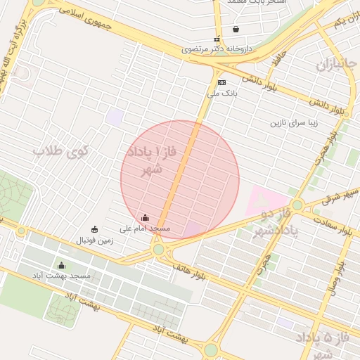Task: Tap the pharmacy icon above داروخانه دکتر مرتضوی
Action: tap(217, 39)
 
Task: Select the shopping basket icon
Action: tap(235, 30)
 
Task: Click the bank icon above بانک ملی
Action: tap(221, 82)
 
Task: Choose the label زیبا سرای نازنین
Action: tap(295, 123)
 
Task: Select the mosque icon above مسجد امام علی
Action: tap(145, 218)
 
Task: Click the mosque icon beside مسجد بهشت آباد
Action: tap(61, 266)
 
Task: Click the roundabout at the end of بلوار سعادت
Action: tap(297, 205)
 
